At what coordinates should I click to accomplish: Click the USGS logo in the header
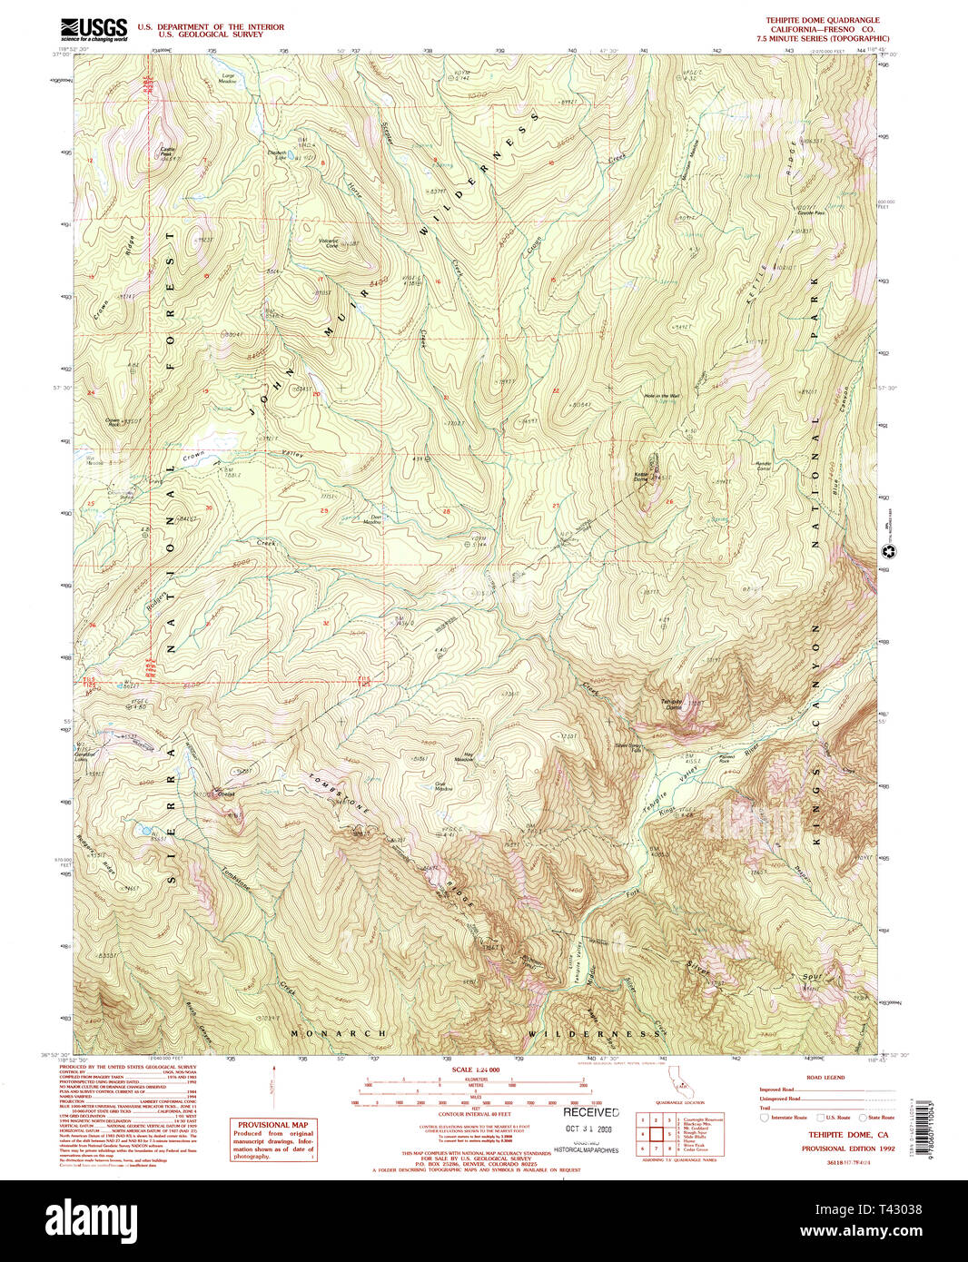click(x=94, y=30)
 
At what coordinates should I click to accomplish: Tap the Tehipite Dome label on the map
click(x=671, y=704)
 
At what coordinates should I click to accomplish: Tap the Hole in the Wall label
click(x=660, y=396)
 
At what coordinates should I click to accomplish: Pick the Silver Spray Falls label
click(x=628, y=748)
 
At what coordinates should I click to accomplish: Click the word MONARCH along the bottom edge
click(x=339, y=1033)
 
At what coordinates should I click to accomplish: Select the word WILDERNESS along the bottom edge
click(x=595, y=1033)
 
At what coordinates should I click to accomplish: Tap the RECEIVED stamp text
click(x=591, y=1112)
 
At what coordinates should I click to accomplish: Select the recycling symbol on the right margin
click(x=889, y=551)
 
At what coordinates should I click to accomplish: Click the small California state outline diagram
click(x=676, y=1081)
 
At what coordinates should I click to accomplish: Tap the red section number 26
click(x=669, y=502)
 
